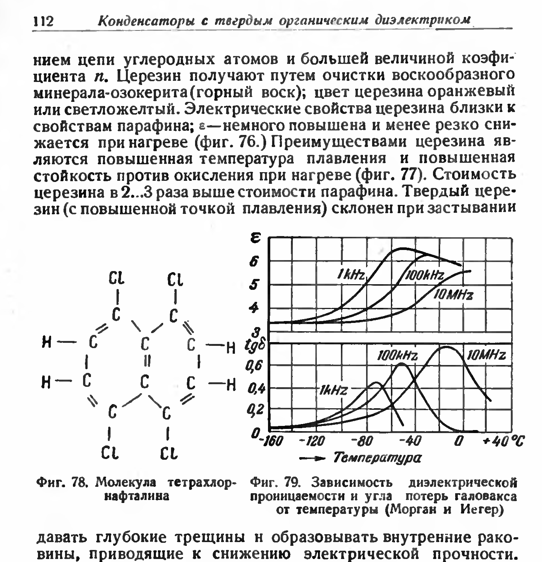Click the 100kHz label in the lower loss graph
[x=398, y=355]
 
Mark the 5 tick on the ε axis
[x=255, y=285]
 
